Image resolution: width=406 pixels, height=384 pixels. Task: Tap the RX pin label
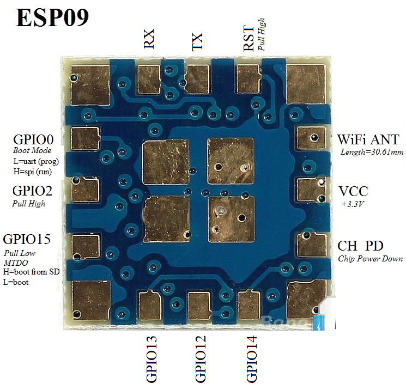click(x=149, y=40)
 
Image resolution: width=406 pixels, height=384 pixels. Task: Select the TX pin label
click(x=198, y=41)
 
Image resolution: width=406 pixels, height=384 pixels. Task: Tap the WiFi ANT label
click(x=368, y=139)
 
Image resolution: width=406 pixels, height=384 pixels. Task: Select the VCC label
click(x=353, y=191)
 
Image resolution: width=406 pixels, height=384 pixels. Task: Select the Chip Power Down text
click(x=371, y=259)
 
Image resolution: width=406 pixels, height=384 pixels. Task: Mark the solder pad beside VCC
click(x=311, y=190)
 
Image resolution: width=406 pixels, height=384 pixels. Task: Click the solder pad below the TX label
click(x=197, y=77)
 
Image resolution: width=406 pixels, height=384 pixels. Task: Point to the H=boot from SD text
click(x=31, y=271)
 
